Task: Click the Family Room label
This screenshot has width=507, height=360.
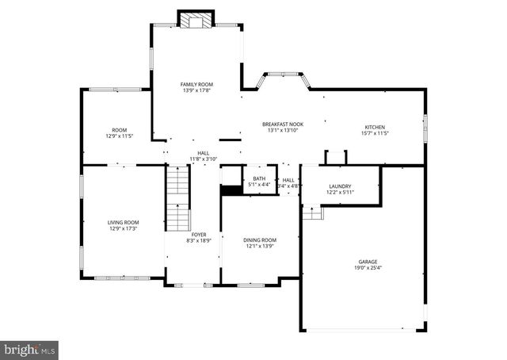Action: point(197,84)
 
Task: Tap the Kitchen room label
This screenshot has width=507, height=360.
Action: point(375,127)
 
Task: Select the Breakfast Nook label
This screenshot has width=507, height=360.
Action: point(283,124)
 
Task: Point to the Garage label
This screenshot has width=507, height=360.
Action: point(367,262)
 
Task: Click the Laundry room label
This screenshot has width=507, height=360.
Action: point(340,186)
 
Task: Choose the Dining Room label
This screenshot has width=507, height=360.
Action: point(259,239)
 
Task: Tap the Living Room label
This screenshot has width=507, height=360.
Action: point(124,222)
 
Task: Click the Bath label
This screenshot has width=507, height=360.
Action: point(259,178)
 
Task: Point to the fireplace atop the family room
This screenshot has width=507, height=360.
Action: point(195,20)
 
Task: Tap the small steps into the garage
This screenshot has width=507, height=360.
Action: point(313,212)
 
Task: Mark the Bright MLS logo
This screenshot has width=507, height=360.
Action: point(30,349)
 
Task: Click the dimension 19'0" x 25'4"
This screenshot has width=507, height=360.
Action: point(367,268)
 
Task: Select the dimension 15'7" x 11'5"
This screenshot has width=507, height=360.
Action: point(375,133)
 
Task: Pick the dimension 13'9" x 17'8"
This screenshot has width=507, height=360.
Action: point(197,90)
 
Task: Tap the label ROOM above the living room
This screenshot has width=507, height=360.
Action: point(119,130)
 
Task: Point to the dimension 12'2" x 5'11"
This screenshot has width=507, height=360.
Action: point(340,192)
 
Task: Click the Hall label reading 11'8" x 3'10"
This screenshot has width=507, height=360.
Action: point(203,159)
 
